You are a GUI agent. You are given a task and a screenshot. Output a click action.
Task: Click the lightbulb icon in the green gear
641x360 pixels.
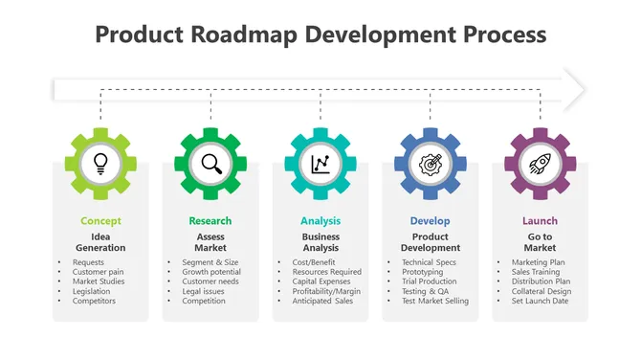pos(100,164)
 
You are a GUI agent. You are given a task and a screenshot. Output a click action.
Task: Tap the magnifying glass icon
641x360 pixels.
pos(210,164)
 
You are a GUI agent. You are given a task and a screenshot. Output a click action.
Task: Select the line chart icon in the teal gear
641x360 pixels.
pos(320,164)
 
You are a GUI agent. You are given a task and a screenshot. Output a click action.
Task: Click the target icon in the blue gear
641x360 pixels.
pos(431,164)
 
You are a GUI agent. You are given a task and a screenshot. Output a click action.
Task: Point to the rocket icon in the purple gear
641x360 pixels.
pos(540,164)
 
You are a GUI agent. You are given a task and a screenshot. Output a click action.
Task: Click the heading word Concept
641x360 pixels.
pos(100,221)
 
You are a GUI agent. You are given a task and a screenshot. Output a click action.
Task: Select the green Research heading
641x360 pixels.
pos(210,221)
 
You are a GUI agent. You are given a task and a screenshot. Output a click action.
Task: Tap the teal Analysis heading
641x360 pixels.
pos(320,221)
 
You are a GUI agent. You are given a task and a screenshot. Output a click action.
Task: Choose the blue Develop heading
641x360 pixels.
pos(431,221)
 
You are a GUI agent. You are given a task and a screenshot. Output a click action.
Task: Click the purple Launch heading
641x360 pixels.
pos(540,221)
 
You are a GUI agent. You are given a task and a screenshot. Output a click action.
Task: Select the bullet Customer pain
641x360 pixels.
pos(97,272)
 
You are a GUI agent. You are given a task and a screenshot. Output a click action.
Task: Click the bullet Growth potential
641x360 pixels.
pos(211,272)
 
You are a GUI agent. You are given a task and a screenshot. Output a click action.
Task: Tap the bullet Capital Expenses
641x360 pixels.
pos(320,281)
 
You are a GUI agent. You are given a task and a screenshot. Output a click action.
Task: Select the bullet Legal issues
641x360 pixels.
pos(204,291)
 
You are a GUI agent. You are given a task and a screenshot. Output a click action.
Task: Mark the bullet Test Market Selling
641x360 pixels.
pos(435,302)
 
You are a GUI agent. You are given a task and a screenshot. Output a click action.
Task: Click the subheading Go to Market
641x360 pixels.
pos(540,242)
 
